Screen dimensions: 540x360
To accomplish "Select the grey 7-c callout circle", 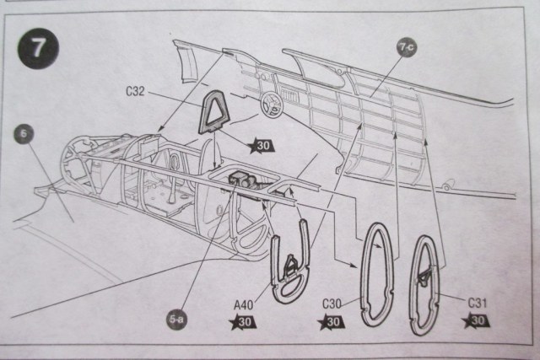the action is [407, 48].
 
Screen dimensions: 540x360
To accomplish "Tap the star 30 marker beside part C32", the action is [262, 145].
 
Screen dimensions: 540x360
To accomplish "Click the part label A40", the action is [243, 304].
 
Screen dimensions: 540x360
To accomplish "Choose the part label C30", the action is [332, 304].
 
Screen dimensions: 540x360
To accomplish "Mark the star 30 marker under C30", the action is [331, 322].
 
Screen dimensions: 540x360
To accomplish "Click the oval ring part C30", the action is [373, 274].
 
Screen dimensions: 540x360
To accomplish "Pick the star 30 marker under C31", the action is [476, 320].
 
